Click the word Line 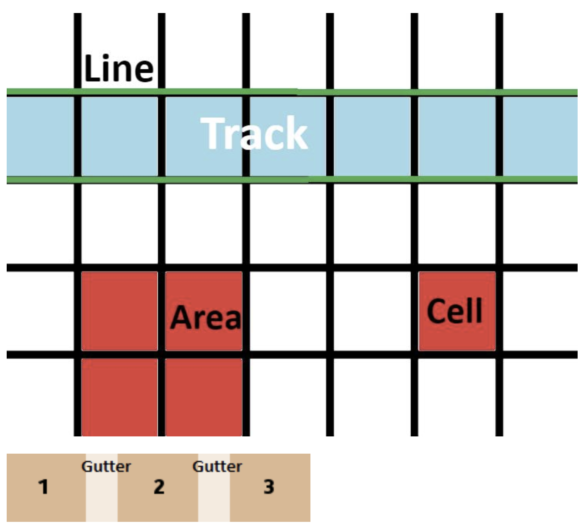[119, 69]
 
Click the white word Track [254, 133]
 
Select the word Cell [454, 311]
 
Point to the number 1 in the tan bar [43, 487]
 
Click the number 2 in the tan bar [159, 487]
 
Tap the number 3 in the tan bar [269, 487]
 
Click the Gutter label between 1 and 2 [106, 467]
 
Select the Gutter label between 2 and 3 [217, 467]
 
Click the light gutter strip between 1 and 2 [102, 499]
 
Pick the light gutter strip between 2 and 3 [214, 499]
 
